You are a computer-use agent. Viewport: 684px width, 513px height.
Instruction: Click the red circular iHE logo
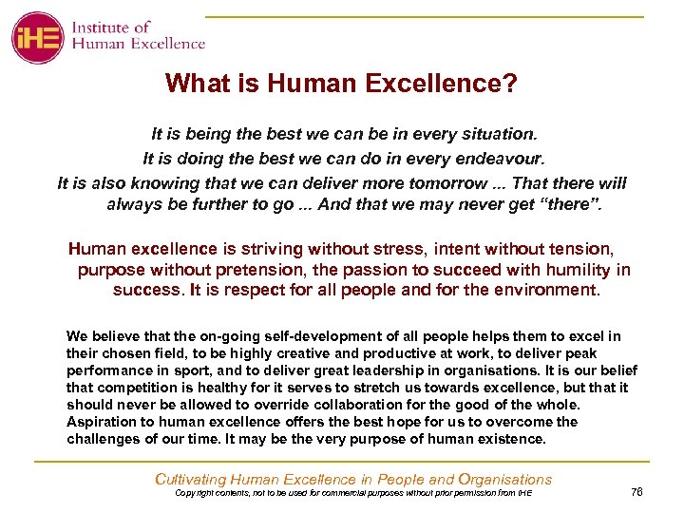tap(38, 37)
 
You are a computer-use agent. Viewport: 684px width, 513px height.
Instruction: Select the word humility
tap(576, 270)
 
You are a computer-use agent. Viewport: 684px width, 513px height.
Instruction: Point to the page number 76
tap(636, 491)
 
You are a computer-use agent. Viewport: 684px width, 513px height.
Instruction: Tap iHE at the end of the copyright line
tap(524, 494)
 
